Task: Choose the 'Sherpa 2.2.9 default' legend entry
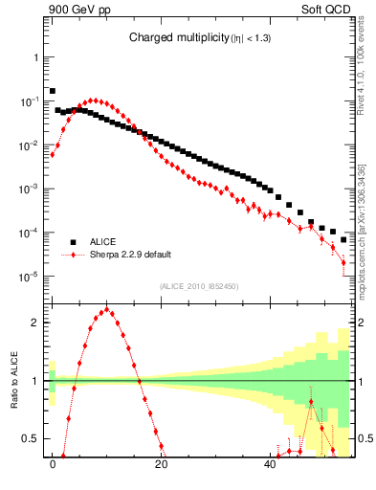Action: click(x=133, y=256)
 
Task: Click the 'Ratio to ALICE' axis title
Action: click(x=12, y=380)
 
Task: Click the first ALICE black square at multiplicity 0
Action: click(x=53, y=91)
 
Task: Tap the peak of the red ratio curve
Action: click(x=107, y=309)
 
